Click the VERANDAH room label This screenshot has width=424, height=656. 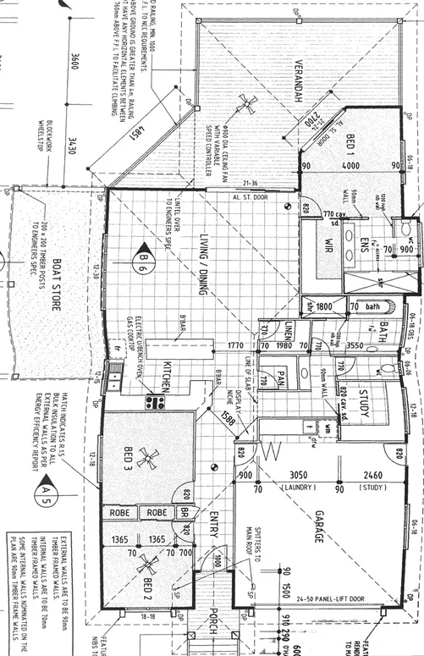pos(299,84)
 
